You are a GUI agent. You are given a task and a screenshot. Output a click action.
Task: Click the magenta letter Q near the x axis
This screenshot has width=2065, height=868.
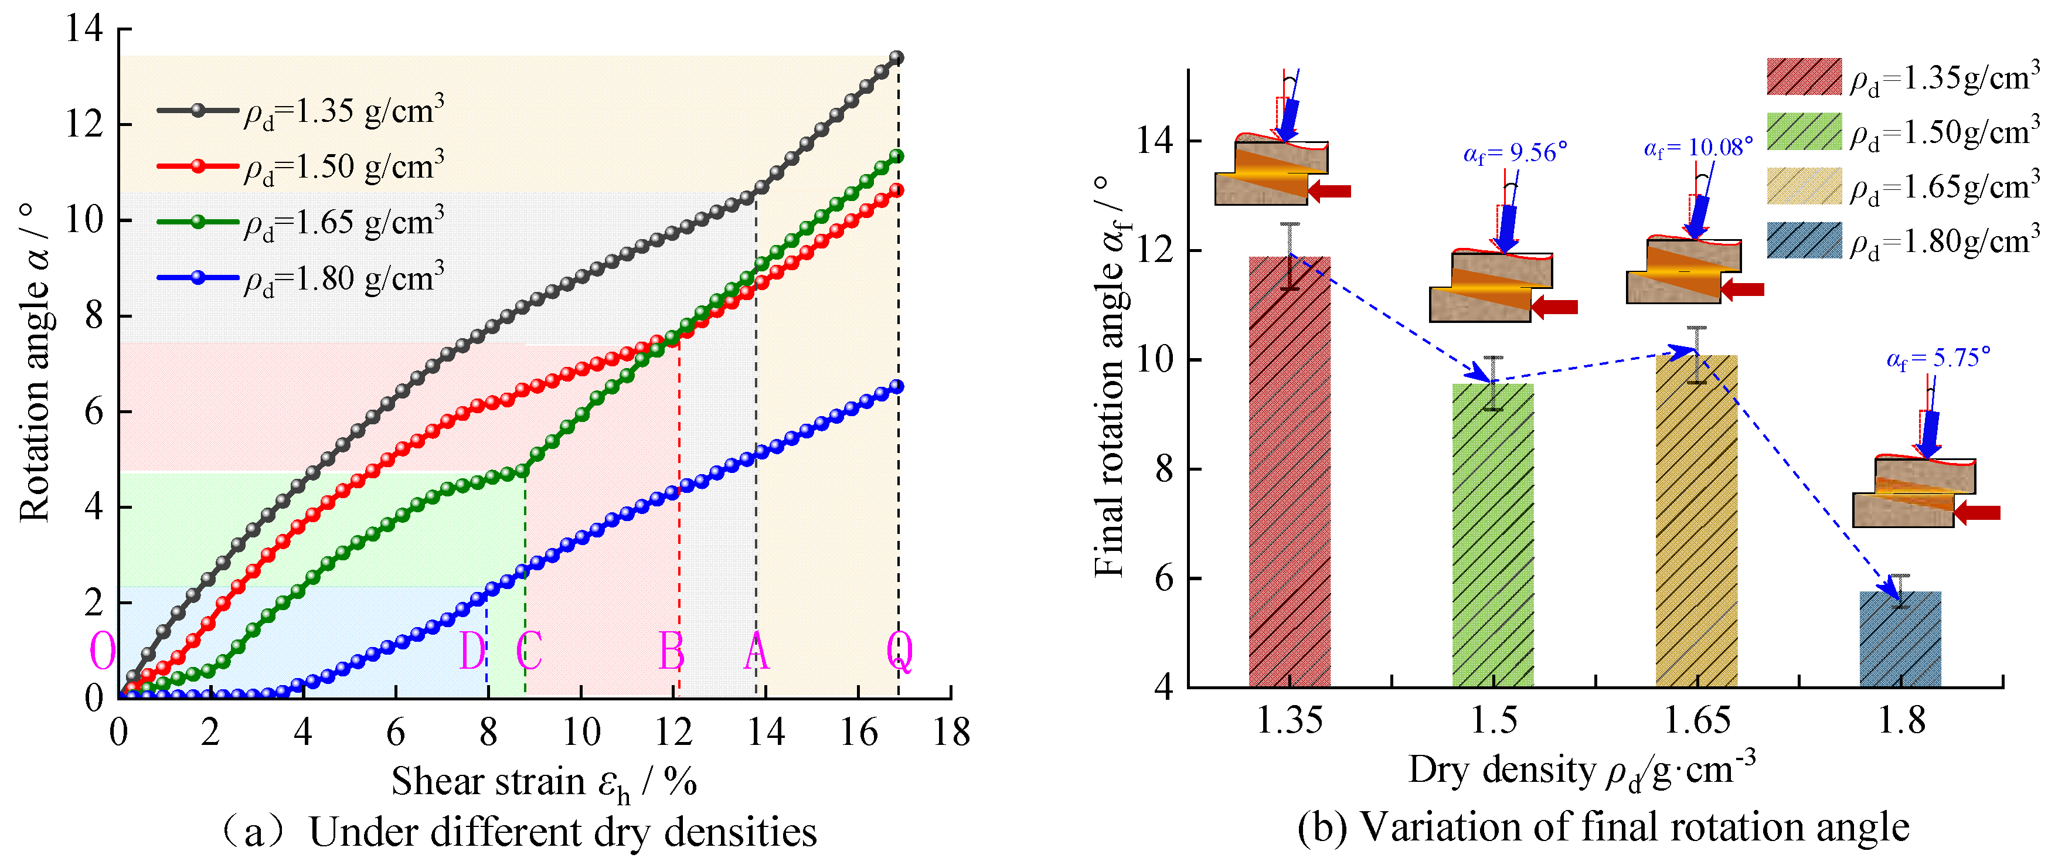point(899,652)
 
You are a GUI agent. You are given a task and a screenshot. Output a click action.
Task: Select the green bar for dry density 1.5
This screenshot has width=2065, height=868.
point(1493,535)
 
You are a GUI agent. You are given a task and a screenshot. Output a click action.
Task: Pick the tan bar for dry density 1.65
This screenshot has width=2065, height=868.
point(1696,521)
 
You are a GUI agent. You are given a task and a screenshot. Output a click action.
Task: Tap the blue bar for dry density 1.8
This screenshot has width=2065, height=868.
point(1900,639)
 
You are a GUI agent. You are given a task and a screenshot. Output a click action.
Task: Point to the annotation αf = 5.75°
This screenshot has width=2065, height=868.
point(1938,358)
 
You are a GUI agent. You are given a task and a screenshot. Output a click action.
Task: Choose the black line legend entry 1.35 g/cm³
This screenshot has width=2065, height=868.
point(301,111)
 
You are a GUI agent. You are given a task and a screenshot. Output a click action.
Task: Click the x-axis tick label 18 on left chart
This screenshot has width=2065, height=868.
point(951,732)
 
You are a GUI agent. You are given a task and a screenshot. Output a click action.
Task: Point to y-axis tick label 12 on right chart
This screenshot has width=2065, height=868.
point(1154,251)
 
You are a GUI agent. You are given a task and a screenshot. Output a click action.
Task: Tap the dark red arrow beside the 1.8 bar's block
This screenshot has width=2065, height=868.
point(1977,513)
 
